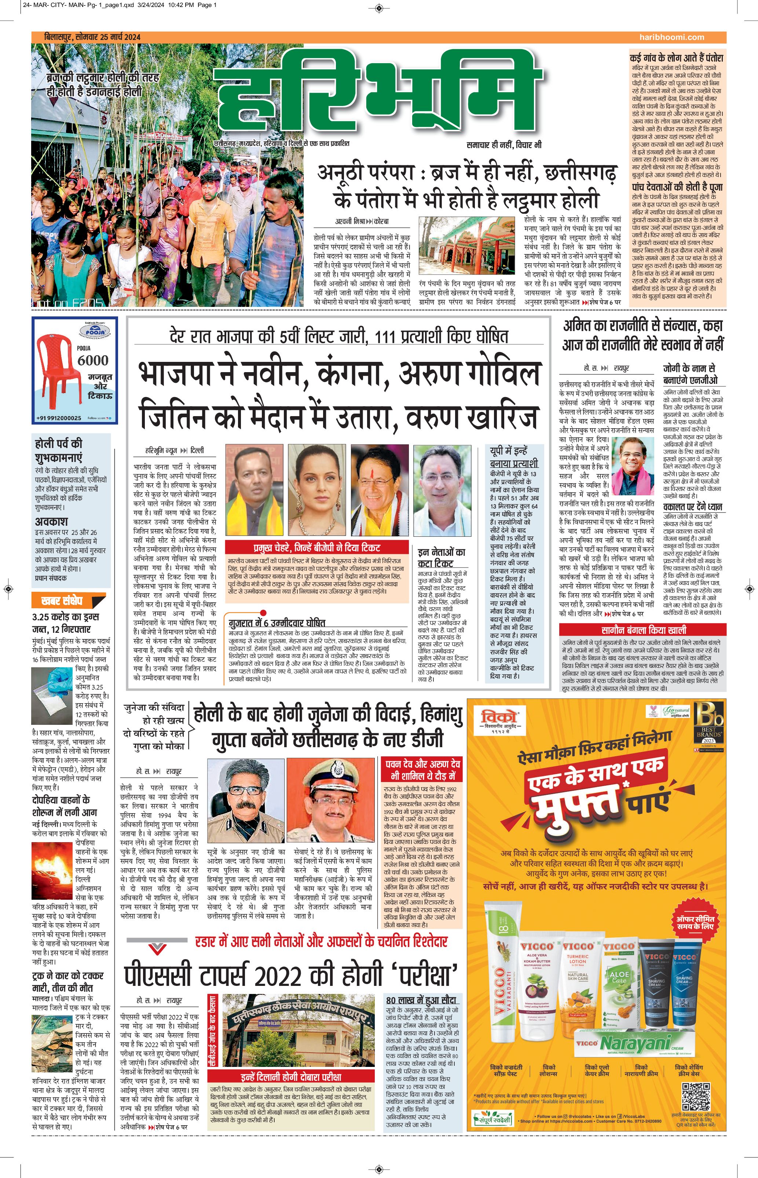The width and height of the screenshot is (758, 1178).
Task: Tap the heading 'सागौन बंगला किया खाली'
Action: [x=643, y=630]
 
